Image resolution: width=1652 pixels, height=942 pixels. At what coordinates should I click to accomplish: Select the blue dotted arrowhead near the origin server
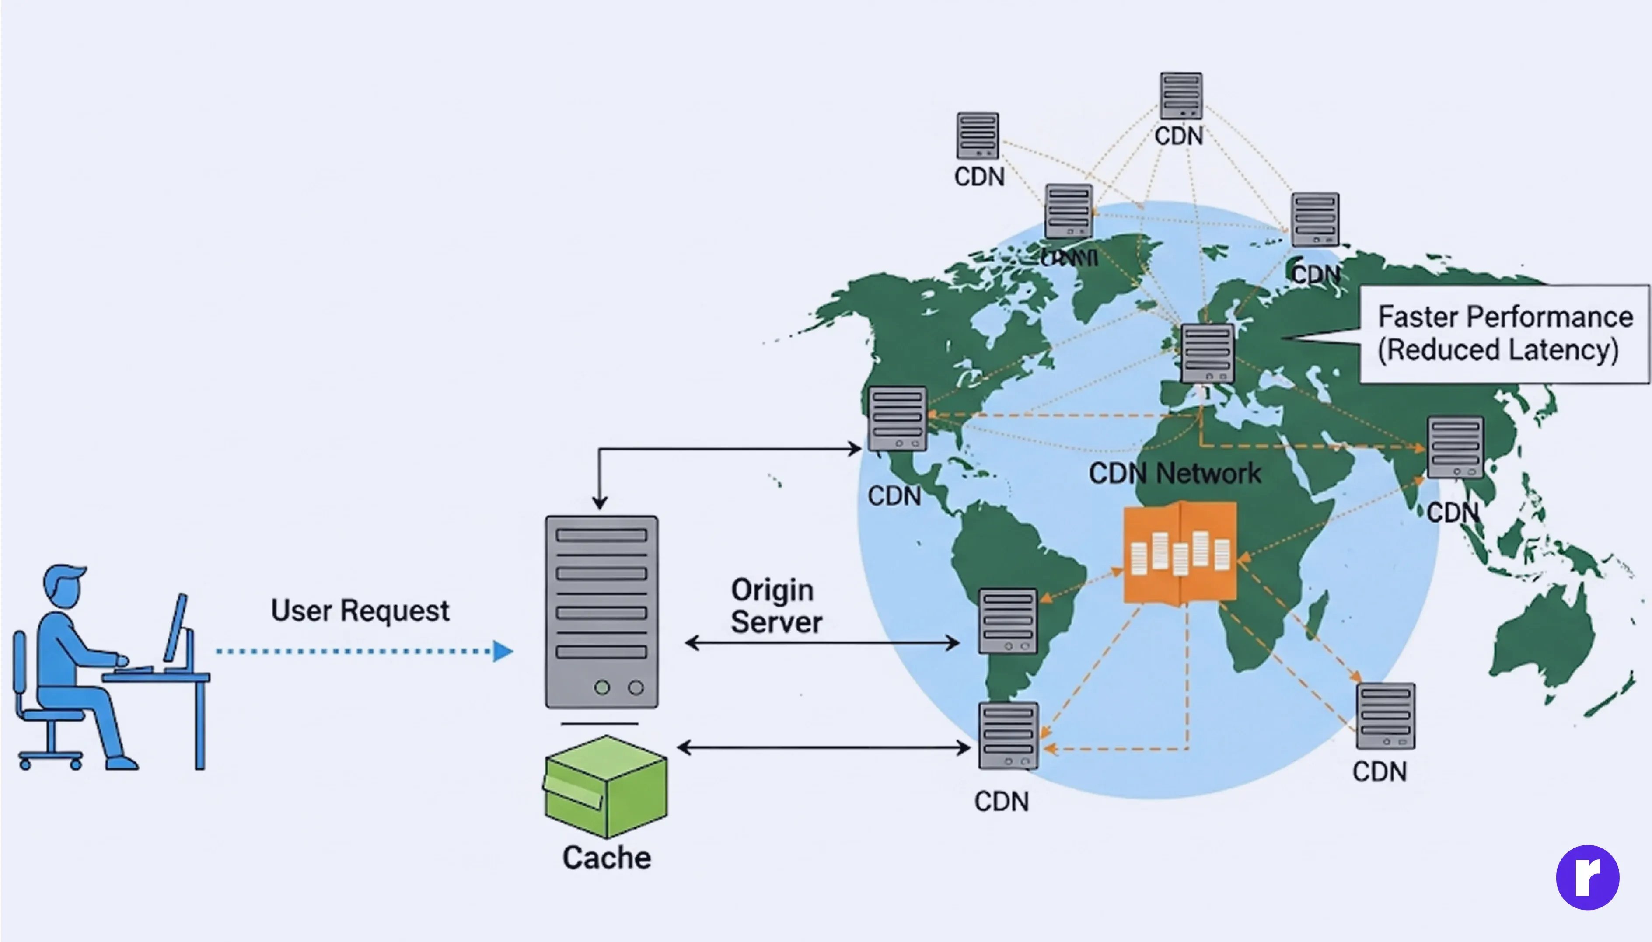pos(503,651)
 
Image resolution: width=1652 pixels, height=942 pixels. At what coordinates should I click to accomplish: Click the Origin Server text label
pos(776,606)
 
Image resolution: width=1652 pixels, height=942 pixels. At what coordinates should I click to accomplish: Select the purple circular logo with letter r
pos(1587,877)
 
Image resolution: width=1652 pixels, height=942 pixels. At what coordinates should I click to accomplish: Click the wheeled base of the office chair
pos(50,757)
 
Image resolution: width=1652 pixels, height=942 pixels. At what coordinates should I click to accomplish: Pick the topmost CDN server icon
pos(1181,96)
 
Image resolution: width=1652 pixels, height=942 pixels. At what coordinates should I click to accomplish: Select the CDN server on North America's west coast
pos(898,419)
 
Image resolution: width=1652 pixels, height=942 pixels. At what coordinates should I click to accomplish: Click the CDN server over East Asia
pos(1455,447)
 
